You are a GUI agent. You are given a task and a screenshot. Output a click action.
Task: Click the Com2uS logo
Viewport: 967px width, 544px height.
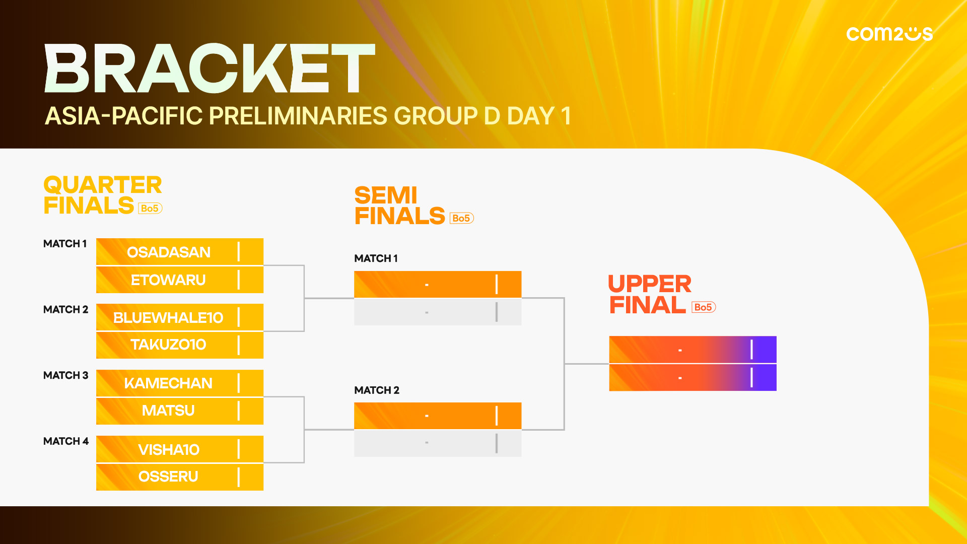889,34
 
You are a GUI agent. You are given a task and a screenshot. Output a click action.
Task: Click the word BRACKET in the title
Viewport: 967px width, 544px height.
210,68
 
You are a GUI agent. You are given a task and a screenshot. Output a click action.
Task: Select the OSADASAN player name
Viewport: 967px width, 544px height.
169,252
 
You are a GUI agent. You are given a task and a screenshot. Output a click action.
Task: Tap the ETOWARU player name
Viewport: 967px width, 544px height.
168,280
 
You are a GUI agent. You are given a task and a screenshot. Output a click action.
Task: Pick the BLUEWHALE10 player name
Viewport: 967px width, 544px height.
168,317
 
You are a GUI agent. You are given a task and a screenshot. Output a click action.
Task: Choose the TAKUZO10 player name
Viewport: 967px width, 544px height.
168,345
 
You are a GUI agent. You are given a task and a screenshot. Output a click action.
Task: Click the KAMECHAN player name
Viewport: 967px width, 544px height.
168,383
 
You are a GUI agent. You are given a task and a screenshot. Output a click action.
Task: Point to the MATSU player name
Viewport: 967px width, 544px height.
168,411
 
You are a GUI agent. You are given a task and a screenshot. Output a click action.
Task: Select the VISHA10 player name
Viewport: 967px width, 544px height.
169,449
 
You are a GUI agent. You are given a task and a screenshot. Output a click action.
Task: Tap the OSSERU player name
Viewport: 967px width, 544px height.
168,477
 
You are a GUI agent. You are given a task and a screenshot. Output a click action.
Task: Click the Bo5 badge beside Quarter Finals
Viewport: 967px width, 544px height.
150,208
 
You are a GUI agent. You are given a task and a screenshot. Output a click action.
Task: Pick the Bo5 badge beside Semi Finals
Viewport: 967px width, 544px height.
461,218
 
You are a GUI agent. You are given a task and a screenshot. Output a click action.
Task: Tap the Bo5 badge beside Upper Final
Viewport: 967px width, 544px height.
704,307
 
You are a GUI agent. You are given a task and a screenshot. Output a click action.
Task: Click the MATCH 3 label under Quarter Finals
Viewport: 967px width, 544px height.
65,375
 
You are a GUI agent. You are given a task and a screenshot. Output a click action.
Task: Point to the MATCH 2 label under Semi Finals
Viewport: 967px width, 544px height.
377,390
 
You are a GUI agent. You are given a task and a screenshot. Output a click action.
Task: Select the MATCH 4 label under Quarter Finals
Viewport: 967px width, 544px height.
66,441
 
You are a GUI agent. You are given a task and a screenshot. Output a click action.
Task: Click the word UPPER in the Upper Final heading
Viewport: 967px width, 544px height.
650,284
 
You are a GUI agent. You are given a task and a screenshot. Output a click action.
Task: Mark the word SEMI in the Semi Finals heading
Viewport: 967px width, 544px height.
386,195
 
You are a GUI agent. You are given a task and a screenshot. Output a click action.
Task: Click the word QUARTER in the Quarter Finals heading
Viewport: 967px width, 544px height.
103,185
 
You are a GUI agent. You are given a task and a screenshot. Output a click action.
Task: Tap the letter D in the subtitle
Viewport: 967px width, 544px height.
492,116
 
